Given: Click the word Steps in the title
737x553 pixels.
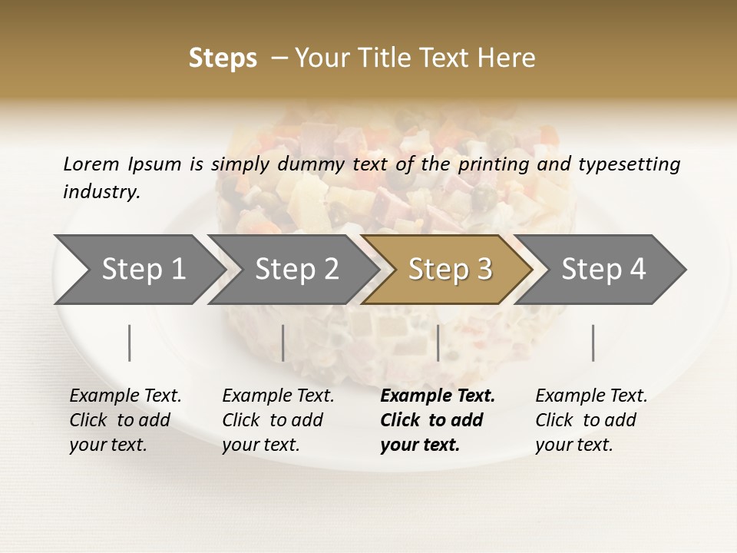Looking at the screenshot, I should [x=223, y=58].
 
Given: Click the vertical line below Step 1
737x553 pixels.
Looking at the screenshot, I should [x=130, y=343].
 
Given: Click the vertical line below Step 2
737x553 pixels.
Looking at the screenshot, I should [x=283, y=343].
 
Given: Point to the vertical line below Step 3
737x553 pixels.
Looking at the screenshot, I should [x=438, y=343].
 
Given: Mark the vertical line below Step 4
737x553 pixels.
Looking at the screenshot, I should [x=593, y=343].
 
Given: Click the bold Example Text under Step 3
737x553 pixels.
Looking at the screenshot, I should [x=438, y=396].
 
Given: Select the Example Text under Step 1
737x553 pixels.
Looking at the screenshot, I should [x=125, y=396].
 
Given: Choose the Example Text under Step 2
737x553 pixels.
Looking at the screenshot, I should [x=278, y=396].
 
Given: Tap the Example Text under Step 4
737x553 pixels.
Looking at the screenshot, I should [x=591, y=396].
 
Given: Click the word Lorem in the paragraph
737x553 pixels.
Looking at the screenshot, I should [x=91, y=164].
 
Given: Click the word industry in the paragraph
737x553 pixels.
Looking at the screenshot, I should [x=101, y=192].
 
